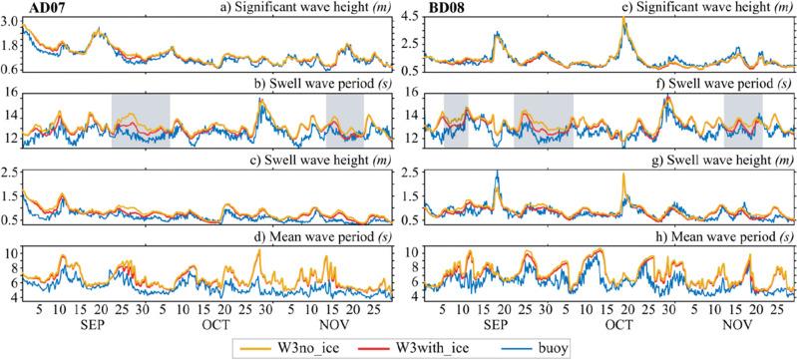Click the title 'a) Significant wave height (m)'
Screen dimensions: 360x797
tap(300, 9)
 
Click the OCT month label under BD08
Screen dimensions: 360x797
tap(617, 325)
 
